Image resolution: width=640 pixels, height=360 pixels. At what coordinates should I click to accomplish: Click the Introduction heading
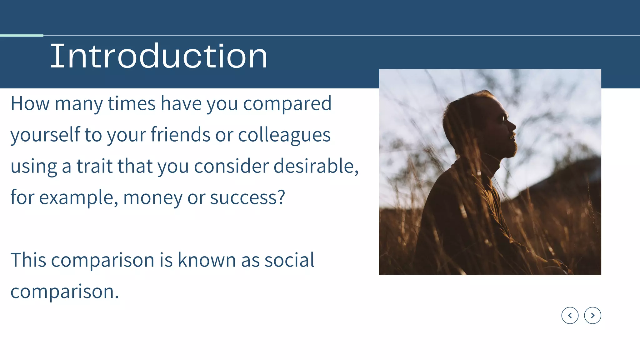pyautogui.click(x=159, y=56)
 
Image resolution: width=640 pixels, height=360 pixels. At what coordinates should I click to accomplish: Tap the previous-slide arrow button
pyautogui.click(x=570, y=315)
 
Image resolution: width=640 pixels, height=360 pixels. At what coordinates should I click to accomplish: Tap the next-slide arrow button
pyautogui.click(x=592, y=315)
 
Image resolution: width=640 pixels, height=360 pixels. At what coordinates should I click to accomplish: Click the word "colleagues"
pyautogui.click(x=284, y=135)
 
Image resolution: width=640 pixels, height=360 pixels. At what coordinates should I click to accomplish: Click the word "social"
pyautogui.click(x=289, y=260)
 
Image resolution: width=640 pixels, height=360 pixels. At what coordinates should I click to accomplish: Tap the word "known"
pyautogui.click(x=207, y=260)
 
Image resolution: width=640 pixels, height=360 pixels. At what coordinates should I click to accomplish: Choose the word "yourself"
pyautogui.click(x=45, y=136)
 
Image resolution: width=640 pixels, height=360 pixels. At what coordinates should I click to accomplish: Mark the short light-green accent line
pyautogui.click(x=22, y=36)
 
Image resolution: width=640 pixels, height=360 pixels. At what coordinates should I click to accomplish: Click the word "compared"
pyautogui.click(x=287, y=104)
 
